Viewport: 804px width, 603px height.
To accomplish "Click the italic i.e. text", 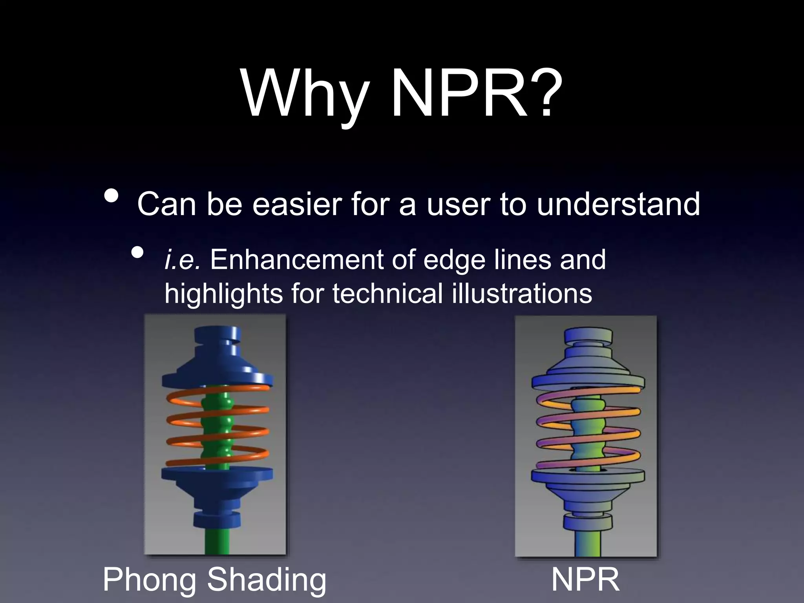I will (x=182, y=260).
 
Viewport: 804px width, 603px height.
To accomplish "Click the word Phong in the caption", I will (x=149, y=580).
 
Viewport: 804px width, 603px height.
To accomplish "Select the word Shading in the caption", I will (x=267, y=579).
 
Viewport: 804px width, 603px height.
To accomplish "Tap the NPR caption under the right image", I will (x=585, y=579).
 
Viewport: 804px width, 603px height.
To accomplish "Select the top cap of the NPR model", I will (x=588, y=336).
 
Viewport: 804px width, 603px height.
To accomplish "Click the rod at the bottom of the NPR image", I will (x=588, y=544).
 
